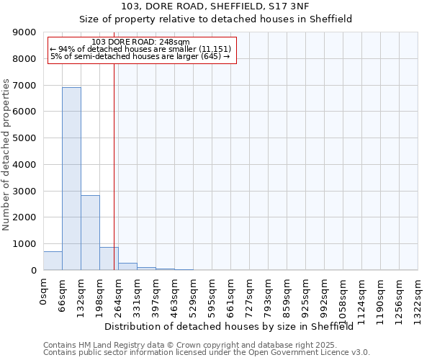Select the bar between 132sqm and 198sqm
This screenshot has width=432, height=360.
90,233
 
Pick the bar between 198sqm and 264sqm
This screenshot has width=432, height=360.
109,258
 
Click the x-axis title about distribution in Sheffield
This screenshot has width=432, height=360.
233,326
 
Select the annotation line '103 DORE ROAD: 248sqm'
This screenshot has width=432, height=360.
141,42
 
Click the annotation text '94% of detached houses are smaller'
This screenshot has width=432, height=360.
141,49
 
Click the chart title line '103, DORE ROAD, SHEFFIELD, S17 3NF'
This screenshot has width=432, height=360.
215,6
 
